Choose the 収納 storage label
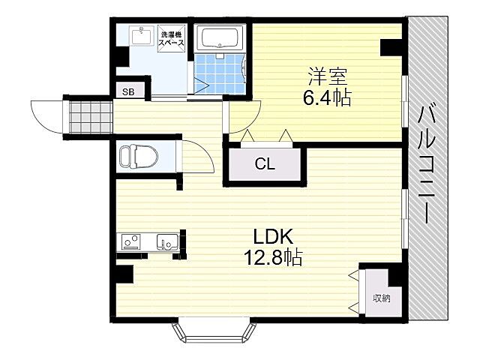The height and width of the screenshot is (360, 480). [x=382, y=298]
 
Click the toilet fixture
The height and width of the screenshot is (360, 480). [x=139, y=157]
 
